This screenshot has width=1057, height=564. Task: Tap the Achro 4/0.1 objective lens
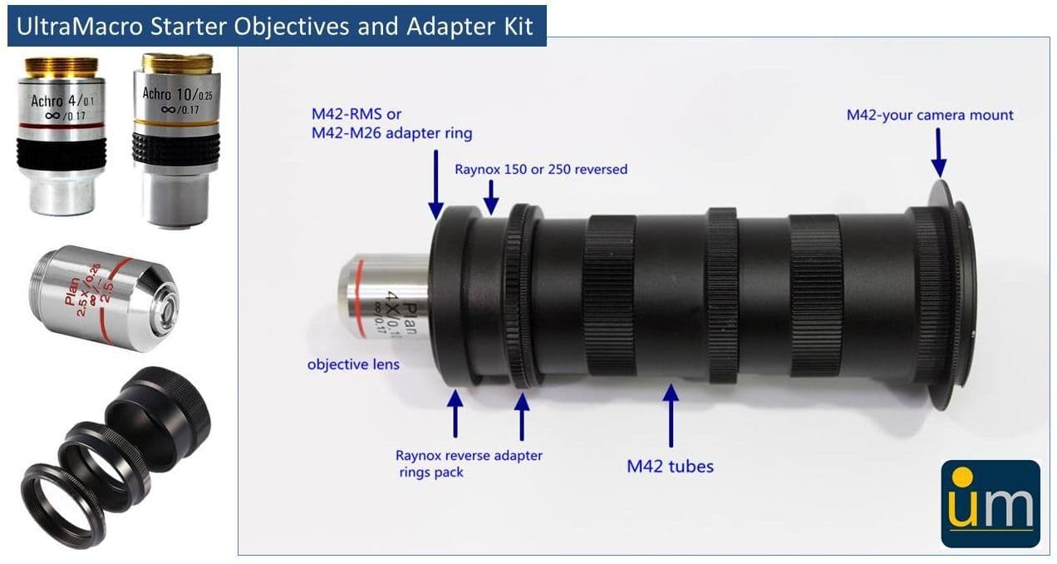[x=61, y=136]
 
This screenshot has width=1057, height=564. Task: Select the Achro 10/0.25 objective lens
[x=177, y=140]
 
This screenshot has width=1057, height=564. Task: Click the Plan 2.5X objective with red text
[x=104, y=298]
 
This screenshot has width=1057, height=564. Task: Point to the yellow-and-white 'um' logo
[x=991, y=504]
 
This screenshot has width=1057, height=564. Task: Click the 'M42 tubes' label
[x=670, y=467]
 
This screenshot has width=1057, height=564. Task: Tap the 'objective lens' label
[x=353, y=364]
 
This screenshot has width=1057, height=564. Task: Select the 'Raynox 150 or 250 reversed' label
[x=541, y=169]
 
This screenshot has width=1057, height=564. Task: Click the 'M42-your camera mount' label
[x=930, y=115]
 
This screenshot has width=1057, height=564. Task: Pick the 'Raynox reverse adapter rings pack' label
[x=469, y=463]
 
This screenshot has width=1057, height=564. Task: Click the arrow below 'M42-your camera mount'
[x=938, y=152]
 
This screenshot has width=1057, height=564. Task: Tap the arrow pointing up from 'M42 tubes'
[x=671, y=415]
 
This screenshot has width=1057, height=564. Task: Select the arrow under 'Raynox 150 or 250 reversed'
[x=491, y=197]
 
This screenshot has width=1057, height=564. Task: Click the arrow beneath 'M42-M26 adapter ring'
[x=435, y=185]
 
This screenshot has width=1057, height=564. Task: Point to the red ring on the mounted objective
[x=359, y=299]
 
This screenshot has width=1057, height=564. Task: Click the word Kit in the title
[x=519, y=26]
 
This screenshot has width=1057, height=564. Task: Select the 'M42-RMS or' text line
[x=356, y=114]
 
